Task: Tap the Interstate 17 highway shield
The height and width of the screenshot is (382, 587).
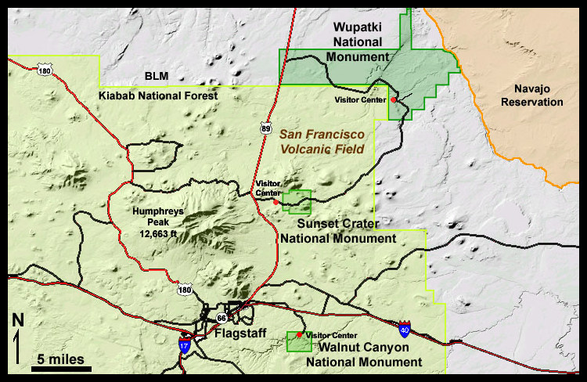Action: (183, 345)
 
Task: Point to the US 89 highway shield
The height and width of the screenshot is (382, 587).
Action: (266, 126)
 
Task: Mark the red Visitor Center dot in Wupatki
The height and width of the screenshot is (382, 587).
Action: (394, 100)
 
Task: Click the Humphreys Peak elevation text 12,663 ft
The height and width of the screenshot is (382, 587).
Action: (153, 232)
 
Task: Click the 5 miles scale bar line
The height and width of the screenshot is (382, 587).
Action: (62, 368)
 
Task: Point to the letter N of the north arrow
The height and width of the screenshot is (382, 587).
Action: (17, 319)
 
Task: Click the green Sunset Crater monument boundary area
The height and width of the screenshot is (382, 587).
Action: (298, 202)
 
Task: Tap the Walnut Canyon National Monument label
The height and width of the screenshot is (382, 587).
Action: (363, 355)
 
